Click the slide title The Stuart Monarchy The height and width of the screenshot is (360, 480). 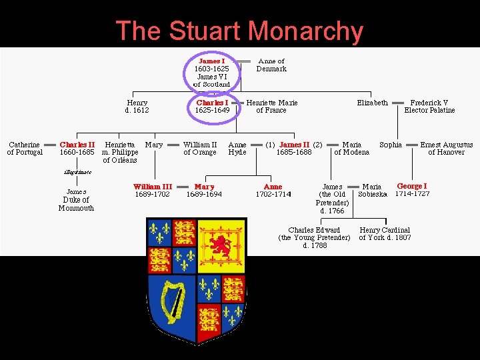tap(239, 31)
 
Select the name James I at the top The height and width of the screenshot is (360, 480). tap(211, 61)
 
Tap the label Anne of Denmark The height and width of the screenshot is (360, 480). tap(272, 65)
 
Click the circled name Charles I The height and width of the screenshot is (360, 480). tap(212, 103)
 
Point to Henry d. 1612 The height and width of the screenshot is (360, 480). tap(137, 107)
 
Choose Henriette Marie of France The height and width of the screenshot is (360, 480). tap(272, 107)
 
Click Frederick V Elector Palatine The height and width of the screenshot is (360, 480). tap(429, 107)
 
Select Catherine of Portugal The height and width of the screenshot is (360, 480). tap(25, 148)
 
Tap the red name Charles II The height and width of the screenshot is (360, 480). tap(77, 144)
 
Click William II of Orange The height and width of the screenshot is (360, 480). tap(200, 148)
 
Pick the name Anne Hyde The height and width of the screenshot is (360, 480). tap(237, 148)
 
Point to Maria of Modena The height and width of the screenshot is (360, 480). tap(351, 148)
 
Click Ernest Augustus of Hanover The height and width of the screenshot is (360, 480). tap(446, 148)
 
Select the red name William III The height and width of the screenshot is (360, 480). tap(152, 187)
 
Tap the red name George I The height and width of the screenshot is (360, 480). tap(412, 186)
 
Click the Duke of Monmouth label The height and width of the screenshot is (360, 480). tap(76, 204)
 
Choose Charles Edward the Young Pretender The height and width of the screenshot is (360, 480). tap(314, 237)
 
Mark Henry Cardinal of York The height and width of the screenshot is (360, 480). tap(385, 233)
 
